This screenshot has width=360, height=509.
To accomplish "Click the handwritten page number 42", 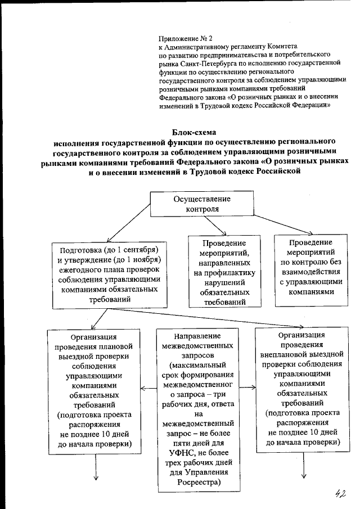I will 339,493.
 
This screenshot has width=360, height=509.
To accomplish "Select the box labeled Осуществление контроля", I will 193,204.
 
